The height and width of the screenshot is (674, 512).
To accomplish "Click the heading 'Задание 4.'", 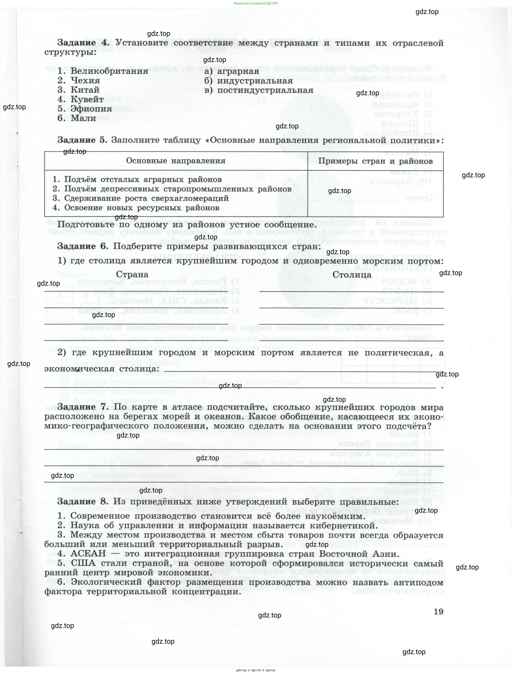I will click(83, 43).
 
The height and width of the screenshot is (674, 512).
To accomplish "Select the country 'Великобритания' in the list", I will click(109, 71).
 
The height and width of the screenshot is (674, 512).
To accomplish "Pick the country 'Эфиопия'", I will click(91, 109).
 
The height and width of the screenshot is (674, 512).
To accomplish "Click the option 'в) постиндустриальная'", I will click(259, 90).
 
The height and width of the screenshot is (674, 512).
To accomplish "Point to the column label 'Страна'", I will click(132, 274).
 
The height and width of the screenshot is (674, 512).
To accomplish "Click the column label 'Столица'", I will click(352, 274).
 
